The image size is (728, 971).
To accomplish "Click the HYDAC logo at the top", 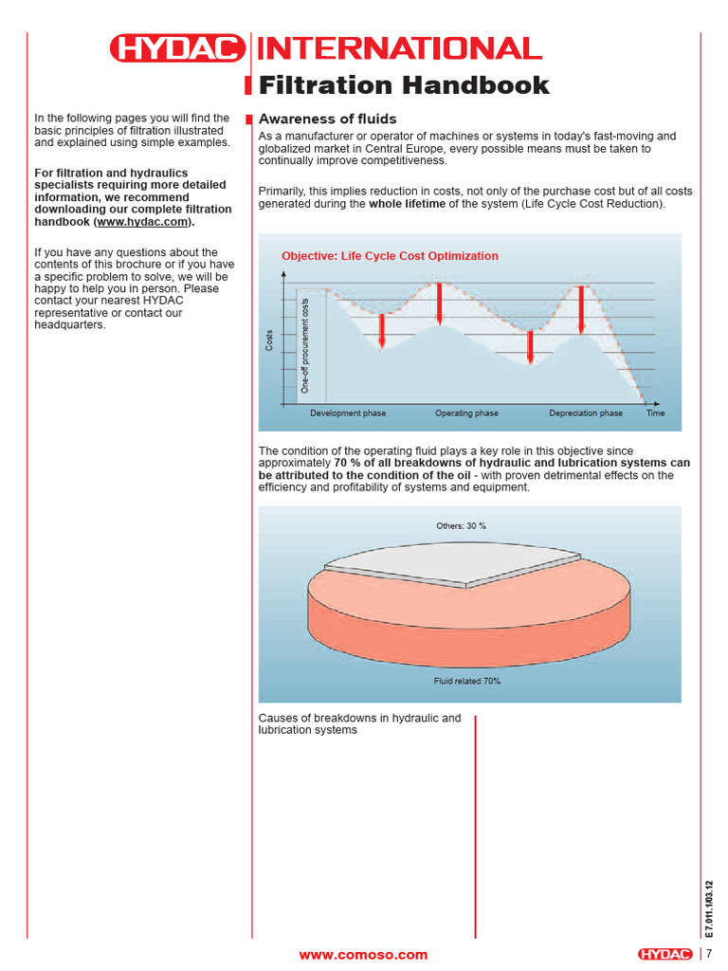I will pos(176,48).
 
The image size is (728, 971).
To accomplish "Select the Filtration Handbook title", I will pos(404,85).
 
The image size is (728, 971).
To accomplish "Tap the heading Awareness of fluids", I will pos(327,119).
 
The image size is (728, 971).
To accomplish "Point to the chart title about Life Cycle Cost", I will pos(390,256).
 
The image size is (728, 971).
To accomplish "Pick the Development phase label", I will pos(348,413).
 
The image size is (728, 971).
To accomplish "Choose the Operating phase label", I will pos(466,413).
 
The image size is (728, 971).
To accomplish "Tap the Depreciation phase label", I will pos(586,413).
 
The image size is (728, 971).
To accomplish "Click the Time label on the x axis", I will pos(656,413).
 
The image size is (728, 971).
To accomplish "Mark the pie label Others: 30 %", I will pos(462,525).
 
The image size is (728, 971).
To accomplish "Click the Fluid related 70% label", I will pos(467,681).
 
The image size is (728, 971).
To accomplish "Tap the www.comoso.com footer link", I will pos(363,955).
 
